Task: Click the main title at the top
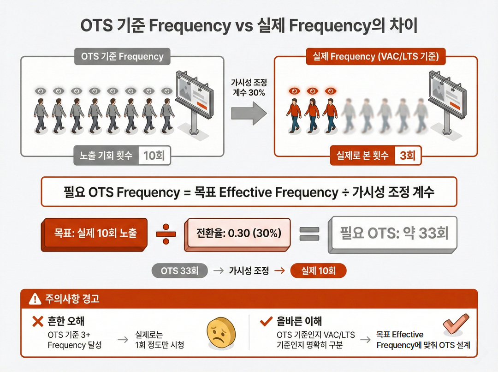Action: pos(249,25)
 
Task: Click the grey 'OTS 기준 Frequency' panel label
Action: pos(122,57)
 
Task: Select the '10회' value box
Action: pos(154,156)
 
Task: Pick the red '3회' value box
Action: pos(408,156)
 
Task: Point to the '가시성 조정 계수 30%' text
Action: pos(249,87)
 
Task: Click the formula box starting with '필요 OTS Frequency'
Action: pos(249,192)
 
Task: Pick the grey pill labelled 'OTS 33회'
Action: pos(180,271)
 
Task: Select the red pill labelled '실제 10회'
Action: pos(318,271)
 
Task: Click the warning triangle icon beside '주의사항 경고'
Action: pos(35,299)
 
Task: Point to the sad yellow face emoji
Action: pos(220,334)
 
